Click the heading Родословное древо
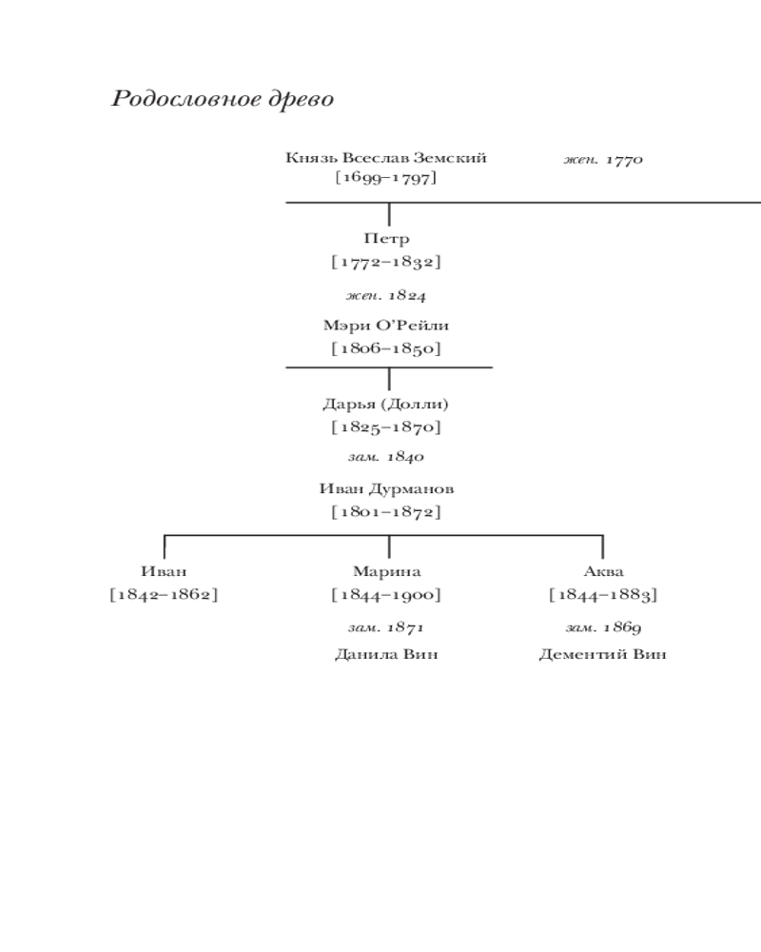click(x=223, y=99)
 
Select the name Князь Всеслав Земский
click(x=385, y=158)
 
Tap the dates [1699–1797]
click(x=385, y=177)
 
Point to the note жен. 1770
click(x=603, y=159)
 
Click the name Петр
click(x=386, y=240)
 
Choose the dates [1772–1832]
click(x=386, y=261)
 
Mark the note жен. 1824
click(x=386, y=295)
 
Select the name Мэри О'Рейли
click(x=386, y=326)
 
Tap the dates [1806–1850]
click(x=386, y=348)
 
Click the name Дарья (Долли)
click(x=386, y=404)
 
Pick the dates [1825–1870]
click(x=386, y=427)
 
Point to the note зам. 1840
click(x=386, y=458)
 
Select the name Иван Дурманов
click(x=386, y=489)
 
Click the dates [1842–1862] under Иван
click(x=165, y=595)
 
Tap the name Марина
click(x=386, y=572)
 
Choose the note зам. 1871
click(x=386, y=627)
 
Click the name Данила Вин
click(x=386, y=655)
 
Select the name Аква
click(x=603, y=572)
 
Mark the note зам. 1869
click(x=603, y=627)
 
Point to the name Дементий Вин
click(x=603, y=655)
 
